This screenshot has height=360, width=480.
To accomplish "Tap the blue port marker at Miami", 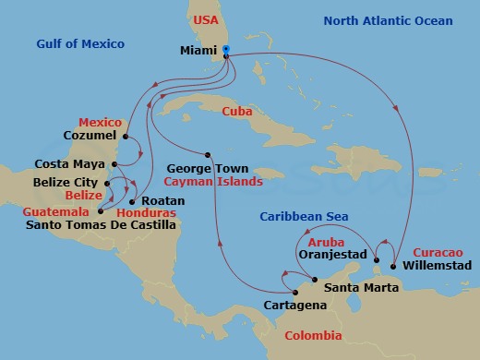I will [226, 52].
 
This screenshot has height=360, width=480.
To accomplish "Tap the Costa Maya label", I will [66, 163].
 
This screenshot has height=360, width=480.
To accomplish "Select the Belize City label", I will [66, 183].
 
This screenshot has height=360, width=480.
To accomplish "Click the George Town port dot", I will [210, 154].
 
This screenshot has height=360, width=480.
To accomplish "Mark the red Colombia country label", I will [312, 335].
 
